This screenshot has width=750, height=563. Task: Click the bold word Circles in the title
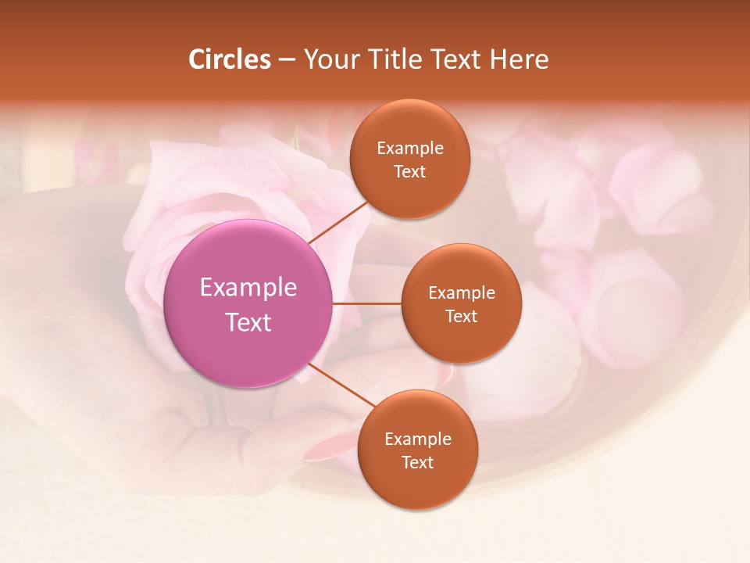click(x=230, y=59)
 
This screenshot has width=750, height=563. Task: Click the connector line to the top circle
click(x=338, y=221)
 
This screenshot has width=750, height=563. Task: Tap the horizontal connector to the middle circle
click(x=367, y=303)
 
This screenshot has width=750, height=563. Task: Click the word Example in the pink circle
click(x=248, y=288)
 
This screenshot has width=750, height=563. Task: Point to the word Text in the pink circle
click(x=248, y=322)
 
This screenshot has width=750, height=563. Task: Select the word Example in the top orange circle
click(x=410, y=149)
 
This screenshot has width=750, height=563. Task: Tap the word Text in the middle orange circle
click(x=461, y=317)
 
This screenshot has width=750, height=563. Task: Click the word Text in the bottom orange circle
click(x=417, y=463)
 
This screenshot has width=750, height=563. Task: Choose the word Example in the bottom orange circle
click(x=418, y=439)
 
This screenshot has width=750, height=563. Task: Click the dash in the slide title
click(x=287, y=59)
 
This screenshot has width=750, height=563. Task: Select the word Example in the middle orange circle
click(x=462, y=293)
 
